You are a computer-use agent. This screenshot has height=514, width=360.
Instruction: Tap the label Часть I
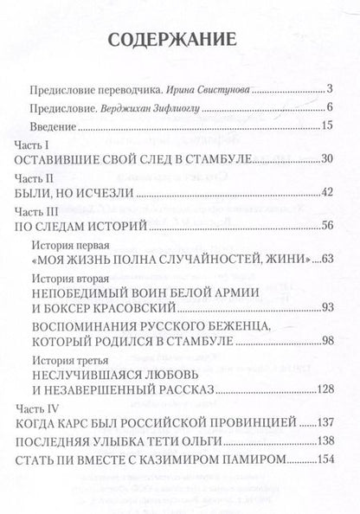(x=32, y=144)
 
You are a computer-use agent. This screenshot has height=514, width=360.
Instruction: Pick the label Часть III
(x=35, y=212)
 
